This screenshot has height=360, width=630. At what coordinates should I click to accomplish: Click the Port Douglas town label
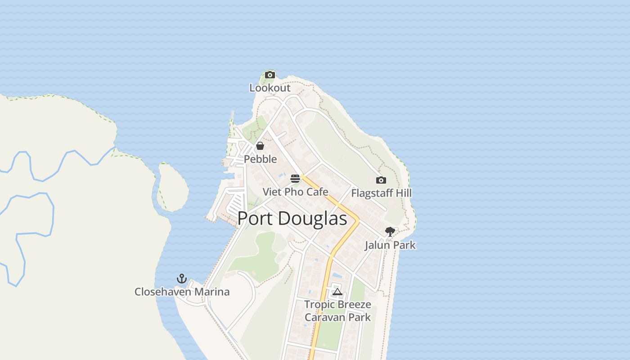[292, 219]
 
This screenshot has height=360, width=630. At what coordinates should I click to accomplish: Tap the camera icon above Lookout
[270, 75]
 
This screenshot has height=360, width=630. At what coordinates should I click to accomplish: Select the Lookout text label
[270, 88]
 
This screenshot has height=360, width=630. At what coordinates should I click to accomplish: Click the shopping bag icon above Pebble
[260, 146]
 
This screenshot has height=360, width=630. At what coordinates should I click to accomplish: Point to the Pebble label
[260, 159]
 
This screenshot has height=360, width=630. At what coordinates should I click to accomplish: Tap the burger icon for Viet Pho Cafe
[295, 179]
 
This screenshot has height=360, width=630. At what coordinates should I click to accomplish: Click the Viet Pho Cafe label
[295, 192]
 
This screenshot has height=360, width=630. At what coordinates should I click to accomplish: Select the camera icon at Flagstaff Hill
[381, 180]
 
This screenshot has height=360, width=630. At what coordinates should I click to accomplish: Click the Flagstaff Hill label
[381, 193]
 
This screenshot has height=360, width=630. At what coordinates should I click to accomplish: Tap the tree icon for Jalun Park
[390, 232]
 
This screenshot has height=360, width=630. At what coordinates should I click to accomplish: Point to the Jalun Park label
[390, 245]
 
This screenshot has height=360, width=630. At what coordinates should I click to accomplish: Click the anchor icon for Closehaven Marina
[182, 279]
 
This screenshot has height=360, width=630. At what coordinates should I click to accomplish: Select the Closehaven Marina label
[182, 292]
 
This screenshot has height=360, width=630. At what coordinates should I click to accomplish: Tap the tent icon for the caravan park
[337, 292]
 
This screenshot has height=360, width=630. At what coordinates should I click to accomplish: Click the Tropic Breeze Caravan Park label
[337, 310]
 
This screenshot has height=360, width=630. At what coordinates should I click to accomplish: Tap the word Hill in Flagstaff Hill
[403, 193]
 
